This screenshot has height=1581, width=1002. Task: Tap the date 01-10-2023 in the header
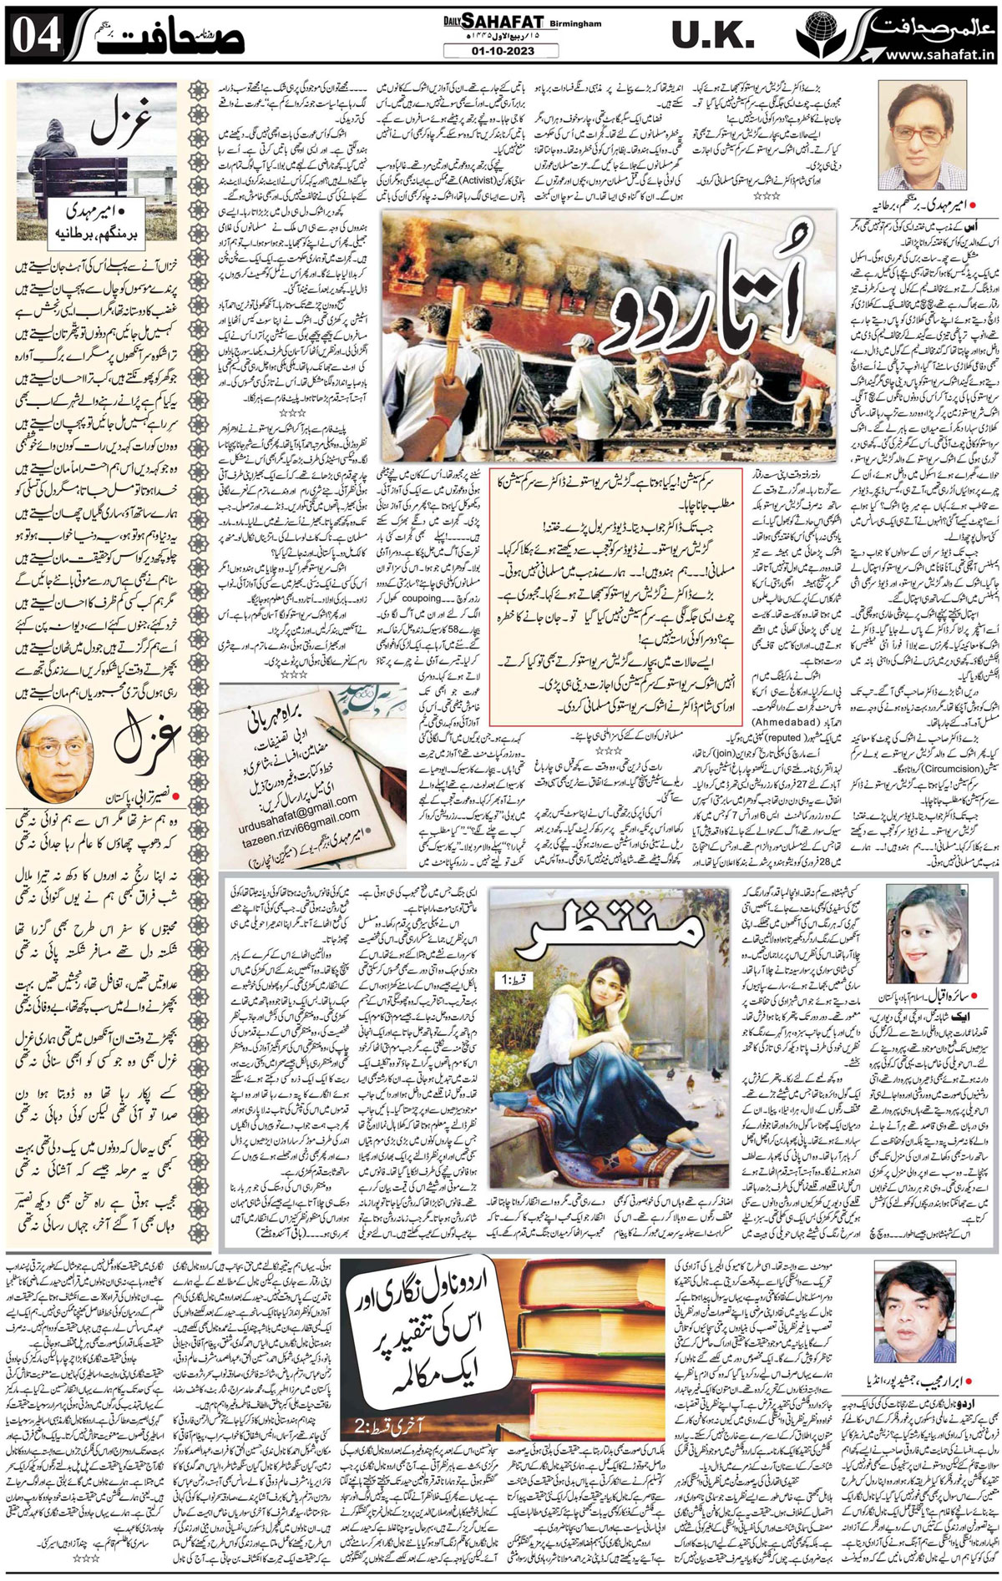point(502,51)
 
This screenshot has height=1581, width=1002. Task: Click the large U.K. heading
point(706,37)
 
